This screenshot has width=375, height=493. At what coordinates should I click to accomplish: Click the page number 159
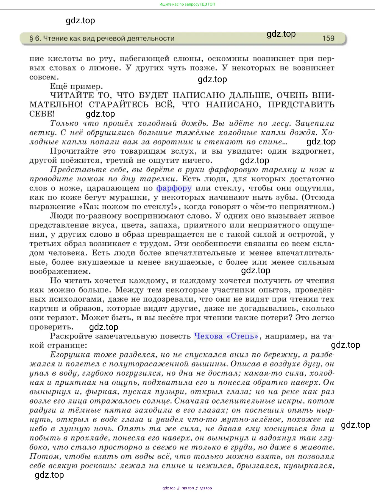pos(328,38)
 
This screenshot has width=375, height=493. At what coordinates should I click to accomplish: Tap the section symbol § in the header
pos(31,39)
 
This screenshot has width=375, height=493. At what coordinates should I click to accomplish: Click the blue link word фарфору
pos(174,188)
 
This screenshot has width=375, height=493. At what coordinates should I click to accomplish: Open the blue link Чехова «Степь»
pos(226,336)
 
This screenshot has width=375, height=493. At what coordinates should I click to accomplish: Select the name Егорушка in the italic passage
pos(70,355)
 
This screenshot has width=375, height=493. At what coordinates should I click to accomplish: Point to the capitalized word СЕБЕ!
pos(42,114)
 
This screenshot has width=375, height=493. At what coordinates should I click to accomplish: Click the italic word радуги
pos(43,411)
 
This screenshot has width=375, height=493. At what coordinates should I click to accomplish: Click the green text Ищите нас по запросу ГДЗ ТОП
pos(187,4)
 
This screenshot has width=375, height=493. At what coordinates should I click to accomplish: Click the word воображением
pos(60,272)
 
